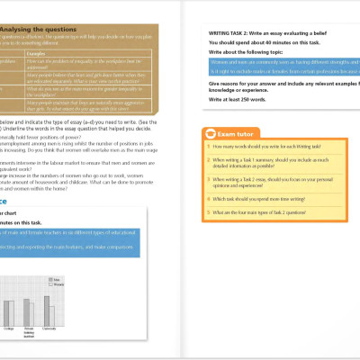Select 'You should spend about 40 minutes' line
click(257, 41)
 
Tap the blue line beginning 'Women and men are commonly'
click(270, 61)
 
